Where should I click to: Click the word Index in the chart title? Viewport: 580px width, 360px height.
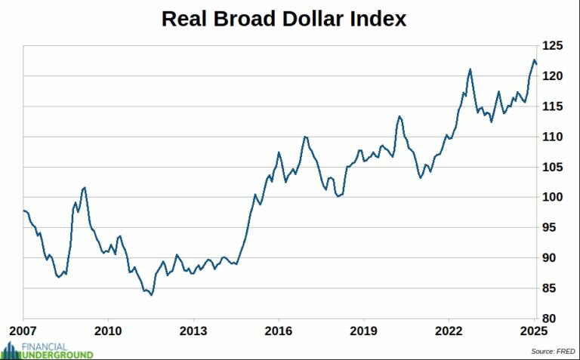click(x=378, y=19)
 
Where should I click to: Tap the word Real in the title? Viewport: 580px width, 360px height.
click(x=186, y=19)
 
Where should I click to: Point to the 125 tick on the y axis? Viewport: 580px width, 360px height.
click(x=553, y=46)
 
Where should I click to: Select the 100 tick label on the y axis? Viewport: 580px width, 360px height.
click(x=553, y=198)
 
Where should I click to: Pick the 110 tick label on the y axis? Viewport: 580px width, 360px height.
click(x=553, y=137)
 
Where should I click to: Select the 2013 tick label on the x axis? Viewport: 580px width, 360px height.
click(x=193, y=331)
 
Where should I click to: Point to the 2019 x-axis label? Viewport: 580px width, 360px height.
click(x=364, y=331)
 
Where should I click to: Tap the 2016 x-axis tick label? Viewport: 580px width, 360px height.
click(x=279, y=331)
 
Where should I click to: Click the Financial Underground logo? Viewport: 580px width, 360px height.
click(x=47, y=349)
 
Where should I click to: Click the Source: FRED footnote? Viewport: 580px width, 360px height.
click(x=553, y=352)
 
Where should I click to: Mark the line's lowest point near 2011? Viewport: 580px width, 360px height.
click(x=151, y=295)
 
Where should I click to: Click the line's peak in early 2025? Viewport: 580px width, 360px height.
click(x=534, y=60)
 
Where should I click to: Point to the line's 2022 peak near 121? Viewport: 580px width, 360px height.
click(x=470, y=69)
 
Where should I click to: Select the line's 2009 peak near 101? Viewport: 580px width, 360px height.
click(x=84, y=187)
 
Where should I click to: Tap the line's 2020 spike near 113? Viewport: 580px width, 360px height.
click(x=400, y=116)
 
